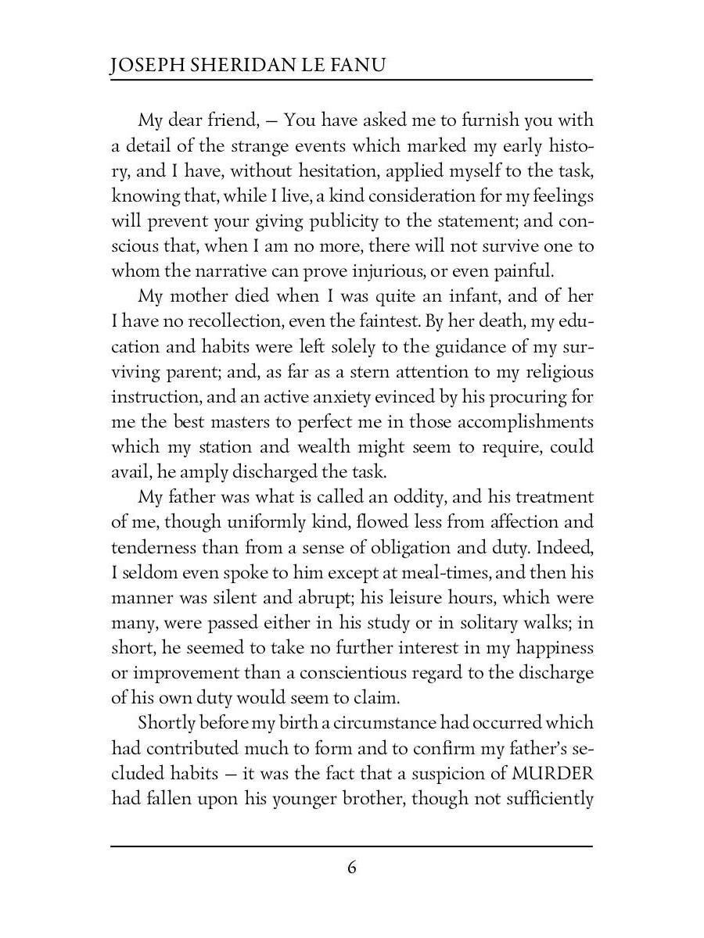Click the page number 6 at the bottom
[352, 868]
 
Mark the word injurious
[436, 270]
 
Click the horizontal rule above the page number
[352, 846]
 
